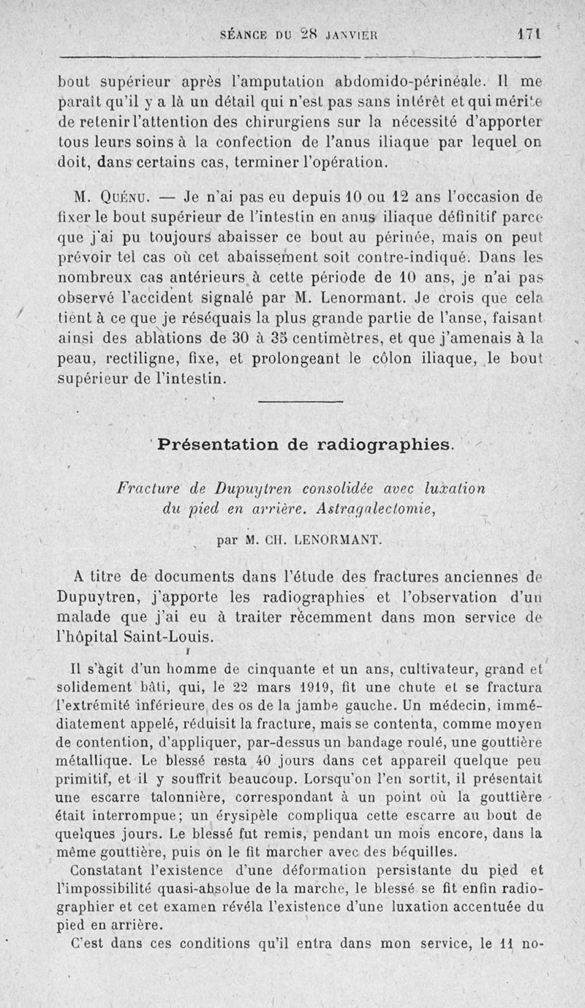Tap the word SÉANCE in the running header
[249, 34]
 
